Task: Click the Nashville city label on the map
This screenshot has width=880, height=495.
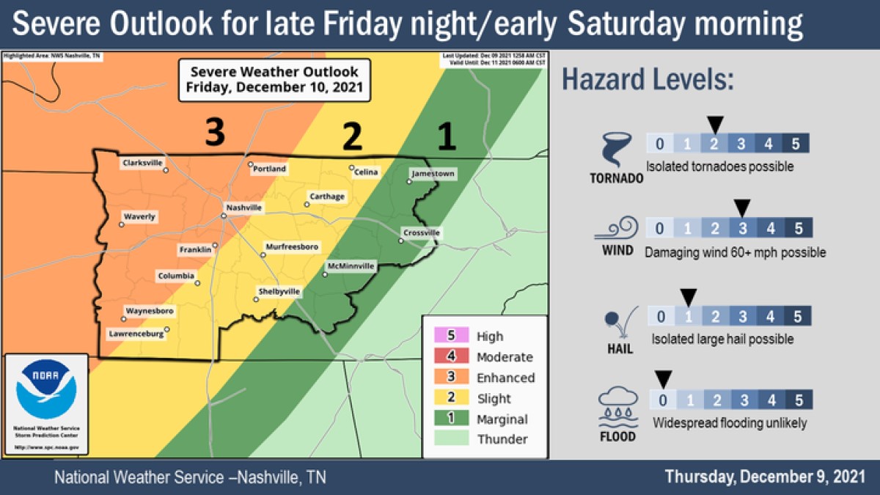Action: click(244, 208)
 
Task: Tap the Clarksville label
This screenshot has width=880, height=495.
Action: click(142, 163)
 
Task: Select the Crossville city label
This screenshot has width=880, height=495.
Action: click(422, 233)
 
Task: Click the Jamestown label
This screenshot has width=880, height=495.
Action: click(433, 174)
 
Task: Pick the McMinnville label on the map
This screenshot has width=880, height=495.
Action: click(351, 265)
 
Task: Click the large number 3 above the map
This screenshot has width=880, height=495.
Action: click(214, 133)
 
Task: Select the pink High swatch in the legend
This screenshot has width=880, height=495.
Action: click(452, 336)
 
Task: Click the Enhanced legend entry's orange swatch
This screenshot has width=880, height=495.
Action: click(452, 378)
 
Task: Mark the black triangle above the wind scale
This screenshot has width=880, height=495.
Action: click(742, 208)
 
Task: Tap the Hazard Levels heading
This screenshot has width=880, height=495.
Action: click(648, 80)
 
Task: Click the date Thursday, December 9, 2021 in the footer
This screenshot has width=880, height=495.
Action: click(765, 477)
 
